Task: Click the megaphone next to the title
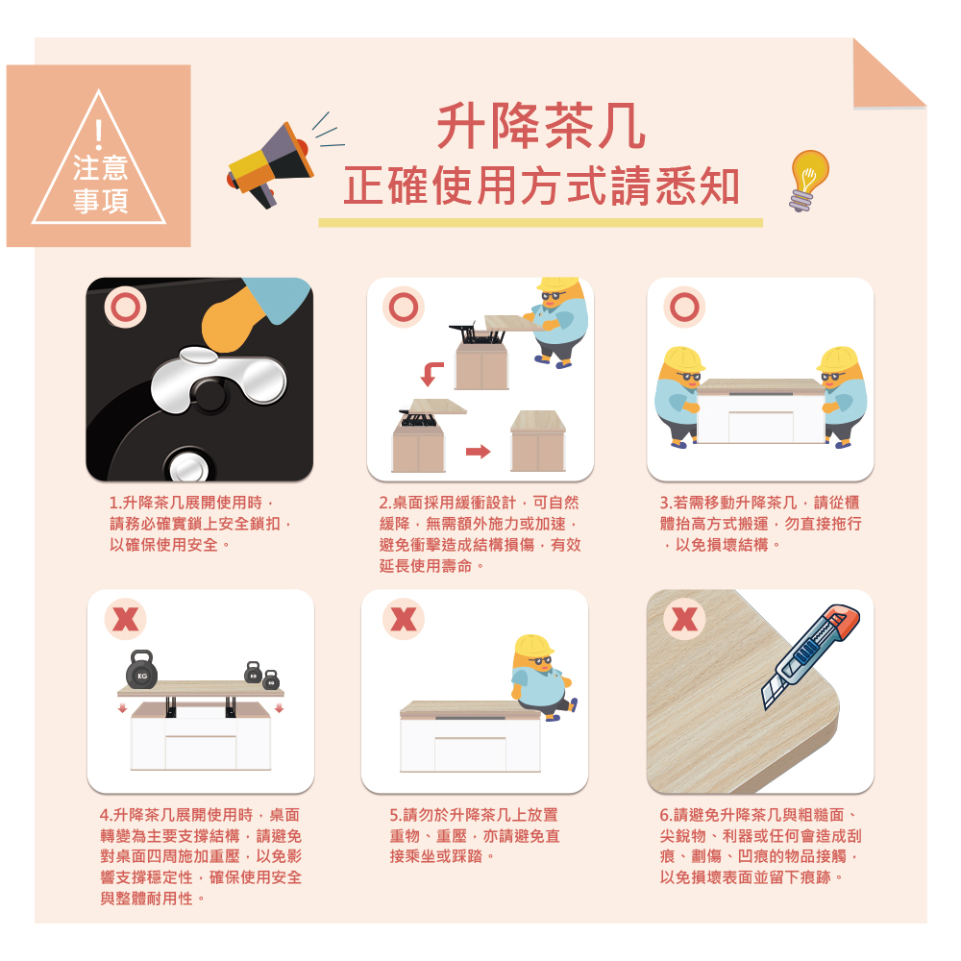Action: click(270, 165)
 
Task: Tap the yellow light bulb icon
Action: click(808, 181)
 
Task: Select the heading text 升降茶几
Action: click(540, 126)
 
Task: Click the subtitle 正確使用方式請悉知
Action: click(541, 185)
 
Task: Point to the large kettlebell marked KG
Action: click(141, 669)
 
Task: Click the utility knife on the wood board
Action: click(810, 656)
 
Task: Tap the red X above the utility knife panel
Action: click(684, 619)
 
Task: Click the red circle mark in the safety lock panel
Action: click(125, 308)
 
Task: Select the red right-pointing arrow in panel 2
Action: click(478, 452)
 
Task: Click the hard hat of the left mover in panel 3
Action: click(682, 359)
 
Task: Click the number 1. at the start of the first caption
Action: click(115, 504)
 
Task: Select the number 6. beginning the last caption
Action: click(666, 815)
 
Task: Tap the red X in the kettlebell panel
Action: click(126, 619)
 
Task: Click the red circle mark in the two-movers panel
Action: click(684, 308)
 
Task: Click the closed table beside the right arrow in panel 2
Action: click(538, 441)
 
